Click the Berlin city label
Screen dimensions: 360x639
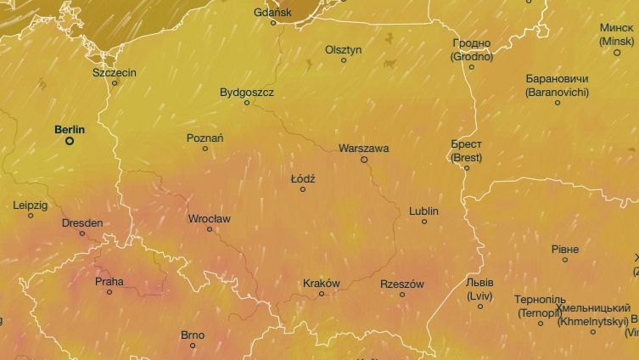click(x=70, y=129)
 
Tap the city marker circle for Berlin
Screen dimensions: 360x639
click(x=70, y=141)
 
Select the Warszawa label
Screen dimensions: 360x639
click(x=363, y=148)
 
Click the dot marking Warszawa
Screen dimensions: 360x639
click(x=364, y=159)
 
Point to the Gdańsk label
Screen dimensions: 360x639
click(x=272, y=12)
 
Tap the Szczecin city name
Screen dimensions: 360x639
click(x=115, y=73)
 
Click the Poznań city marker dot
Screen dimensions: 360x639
click(x=205, y=149)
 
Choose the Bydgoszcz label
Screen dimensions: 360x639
click(x=247, y=92)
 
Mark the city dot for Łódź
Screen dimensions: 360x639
click(x=302, y=188)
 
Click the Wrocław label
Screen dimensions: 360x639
click(x=209, y=218)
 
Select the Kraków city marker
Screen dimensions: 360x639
click(x=321, y=294)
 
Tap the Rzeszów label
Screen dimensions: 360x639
click(x=402, y=284)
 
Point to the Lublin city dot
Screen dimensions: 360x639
click(x=424, y=222)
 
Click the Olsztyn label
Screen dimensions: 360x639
click(x=344, y=49)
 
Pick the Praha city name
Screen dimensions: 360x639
click(x=109, y=281)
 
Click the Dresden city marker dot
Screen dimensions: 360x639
click(x=82, y=233)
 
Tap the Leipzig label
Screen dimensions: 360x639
click(x=31, y=205)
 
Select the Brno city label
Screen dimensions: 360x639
click(x=193, y=335)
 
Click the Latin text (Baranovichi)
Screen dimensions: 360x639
click(x=557, y=90)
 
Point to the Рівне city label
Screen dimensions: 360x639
click(x=565, y=249)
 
